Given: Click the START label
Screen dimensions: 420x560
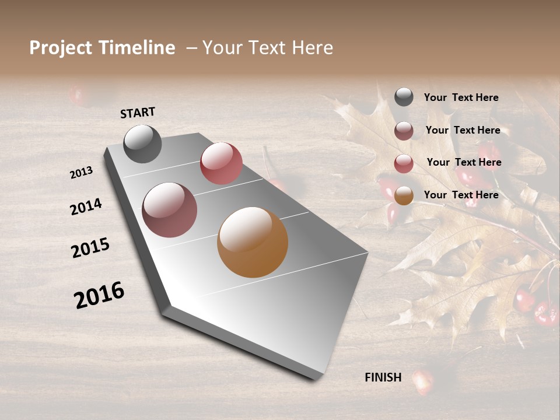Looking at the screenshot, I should coord(138,113).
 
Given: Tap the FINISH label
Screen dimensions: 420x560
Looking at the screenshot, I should coord(383,377).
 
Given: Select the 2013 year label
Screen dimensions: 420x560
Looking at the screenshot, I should coord(81,173).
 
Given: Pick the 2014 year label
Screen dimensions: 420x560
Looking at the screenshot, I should coord(86,206).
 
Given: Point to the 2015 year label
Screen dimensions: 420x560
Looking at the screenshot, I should coord(90,248).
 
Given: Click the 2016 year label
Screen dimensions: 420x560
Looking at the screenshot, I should coord(99,295).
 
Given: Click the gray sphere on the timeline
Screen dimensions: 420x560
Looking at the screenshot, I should coord(142,143).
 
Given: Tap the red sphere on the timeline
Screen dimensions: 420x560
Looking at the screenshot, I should coord(221,163).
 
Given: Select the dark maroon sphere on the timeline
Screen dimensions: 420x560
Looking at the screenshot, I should coord(169,209).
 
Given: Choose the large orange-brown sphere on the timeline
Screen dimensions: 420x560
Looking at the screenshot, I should coord(253,242).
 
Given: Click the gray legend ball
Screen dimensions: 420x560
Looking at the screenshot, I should coord(404,97).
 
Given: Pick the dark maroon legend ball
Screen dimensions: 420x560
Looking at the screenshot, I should coord(404,131).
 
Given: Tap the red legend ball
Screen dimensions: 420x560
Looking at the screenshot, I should coord(404,163).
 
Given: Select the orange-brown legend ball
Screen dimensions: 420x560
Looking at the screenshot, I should coord(404,196).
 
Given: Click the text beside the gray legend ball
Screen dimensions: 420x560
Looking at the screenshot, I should coord(461,97).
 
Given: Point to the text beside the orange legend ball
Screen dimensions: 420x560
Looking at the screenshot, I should coord(461,195).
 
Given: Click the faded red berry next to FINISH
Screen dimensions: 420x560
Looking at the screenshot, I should coord(424,380).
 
